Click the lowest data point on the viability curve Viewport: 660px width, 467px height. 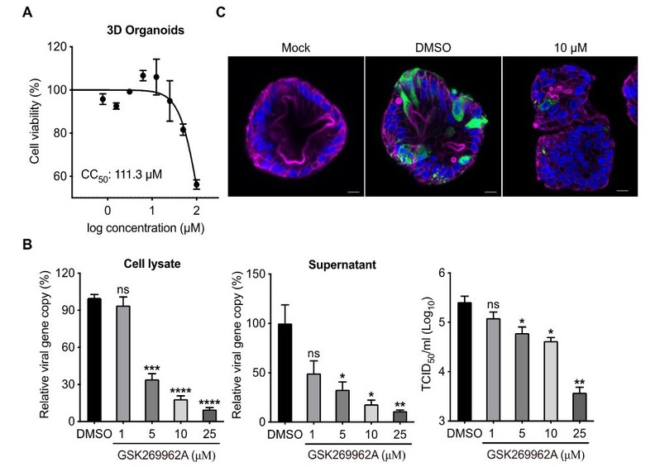pos(197,184)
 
